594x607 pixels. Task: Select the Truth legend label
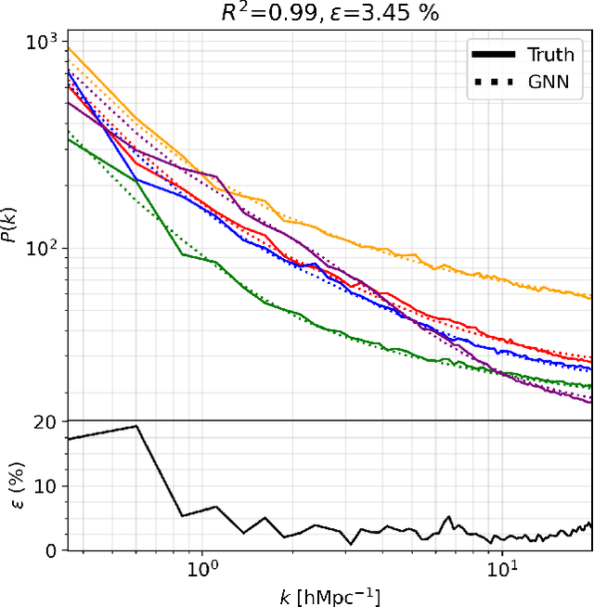(551, 55)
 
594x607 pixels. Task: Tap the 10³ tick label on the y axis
(41, 43)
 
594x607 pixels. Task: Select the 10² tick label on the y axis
(41, 249)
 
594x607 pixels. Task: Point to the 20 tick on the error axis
(47, 421)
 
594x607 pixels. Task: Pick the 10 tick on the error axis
(47, 486)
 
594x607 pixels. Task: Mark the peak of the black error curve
(136, 426)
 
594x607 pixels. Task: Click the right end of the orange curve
(591, 298)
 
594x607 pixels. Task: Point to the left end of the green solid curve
(69, 139)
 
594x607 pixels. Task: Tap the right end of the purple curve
(591, 402)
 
